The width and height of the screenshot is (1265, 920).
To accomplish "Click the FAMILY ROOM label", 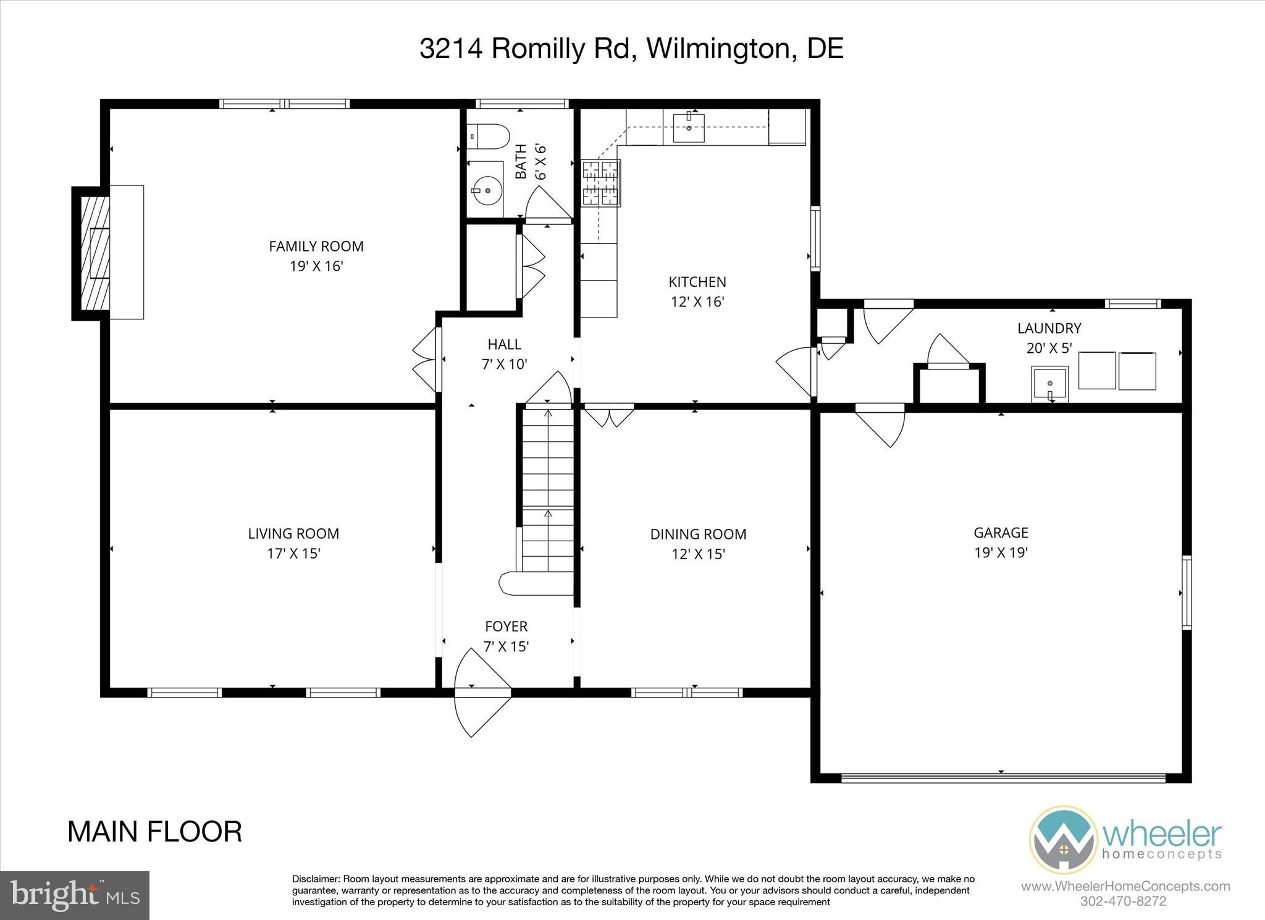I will tap(316, 247).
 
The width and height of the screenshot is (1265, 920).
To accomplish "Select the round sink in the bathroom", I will tap(487, 190).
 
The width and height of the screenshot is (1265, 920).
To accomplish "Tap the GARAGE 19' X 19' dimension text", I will tap(1001, 552).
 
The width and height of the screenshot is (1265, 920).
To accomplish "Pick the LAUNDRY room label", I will tap(1049, 328).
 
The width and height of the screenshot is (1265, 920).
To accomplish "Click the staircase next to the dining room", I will tap(547, 494).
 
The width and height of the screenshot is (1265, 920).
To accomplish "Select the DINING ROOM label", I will tap(698, 534).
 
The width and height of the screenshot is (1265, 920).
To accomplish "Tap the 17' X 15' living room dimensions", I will tap(293, 554).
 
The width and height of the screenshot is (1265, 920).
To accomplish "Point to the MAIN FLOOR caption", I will tap(154, 832).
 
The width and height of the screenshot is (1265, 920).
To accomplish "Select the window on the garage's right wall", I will tap(1187, 593).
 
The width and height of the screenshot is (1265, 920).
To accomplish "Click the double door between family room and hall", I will tap(427, 360).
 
